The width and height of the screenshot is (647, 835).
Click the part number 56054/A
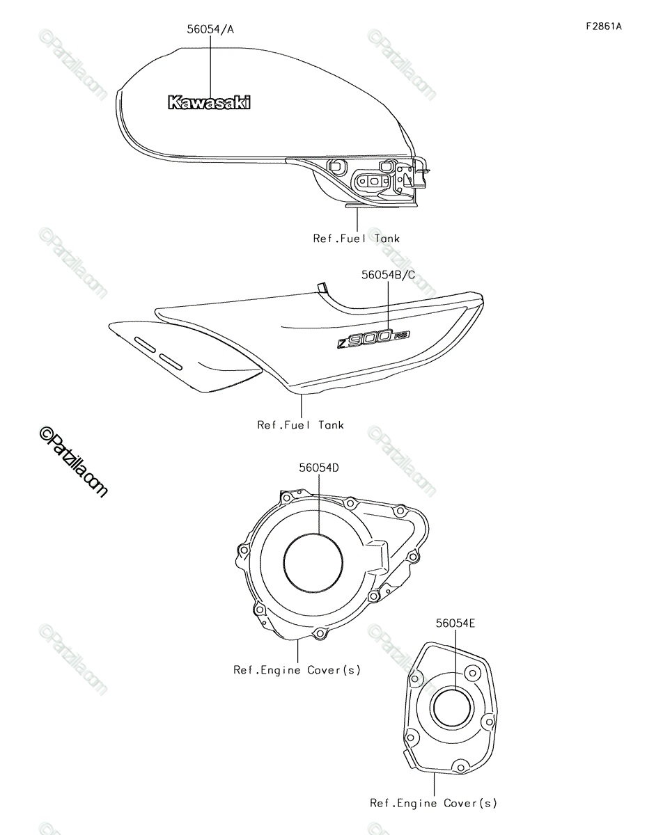[x=210, y=29]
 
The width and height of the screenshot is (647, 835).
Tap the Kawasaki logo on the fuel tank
[x=209, y=102]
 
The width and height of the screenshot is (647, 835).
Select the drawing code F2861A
[x=604, y=26]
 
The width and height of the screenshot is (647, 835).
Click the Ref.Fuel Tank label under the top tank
[x=357, y=239]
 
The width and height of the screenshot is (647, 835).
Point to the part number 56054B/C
[x=388, y=275]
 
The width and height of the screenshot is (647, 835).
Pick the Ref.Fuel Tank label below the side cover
[x=300, y=425]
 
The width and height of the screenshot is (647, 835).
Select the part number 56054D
[x=319, y=468]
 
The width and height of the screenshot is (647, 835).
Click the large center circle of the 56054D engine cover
[x=313, y=564]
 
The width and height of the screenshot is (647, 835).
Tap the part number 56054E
[x=455, y=623]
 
